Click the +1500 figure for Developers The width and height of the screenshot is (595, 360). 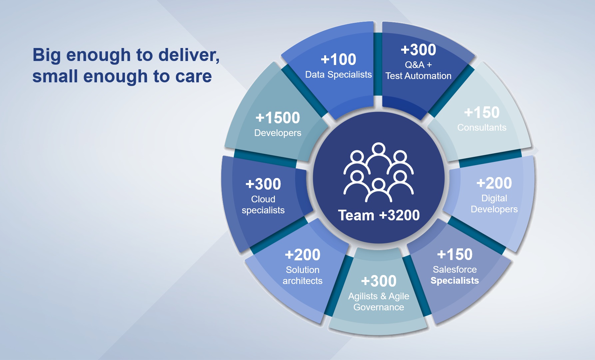(x=278, y=118)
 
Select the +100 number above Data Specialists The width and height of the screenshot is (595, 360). (x=338, y=60)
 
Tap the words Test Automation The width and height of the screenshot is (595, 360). (x=418, y=76)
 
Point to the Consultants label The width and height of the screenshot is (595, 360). (x=482, y=127)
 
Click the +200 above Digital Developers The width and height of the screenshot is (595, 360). (x=494, y=183)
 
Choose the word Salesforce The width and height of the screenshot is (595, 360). (x=455, y=269)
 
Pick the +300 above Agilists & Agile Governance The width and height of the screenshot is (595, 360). (x=379, y=281)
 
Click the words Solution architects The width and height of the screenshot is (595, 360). (x=302, y=275)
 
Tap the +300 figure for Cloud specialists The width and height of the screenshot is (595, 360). (x=263, y=184)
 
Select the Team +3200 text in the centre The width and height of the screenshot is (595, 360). (x=379, y=215)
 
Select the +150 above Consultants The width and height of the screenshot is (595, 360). (x=482, y=113)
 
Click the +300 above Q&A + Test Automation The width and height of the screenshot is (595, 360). (x=418, y=50)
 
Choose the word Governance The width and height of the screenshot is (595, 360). (x=379, y=307)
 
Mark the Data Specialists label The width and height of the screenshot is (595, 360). (x=338, y=75)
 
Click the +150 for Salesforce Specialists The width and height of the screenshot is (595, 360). (x=455, y=255)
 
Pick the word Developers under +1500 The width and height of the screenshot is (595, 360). (x=278, y=133)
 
